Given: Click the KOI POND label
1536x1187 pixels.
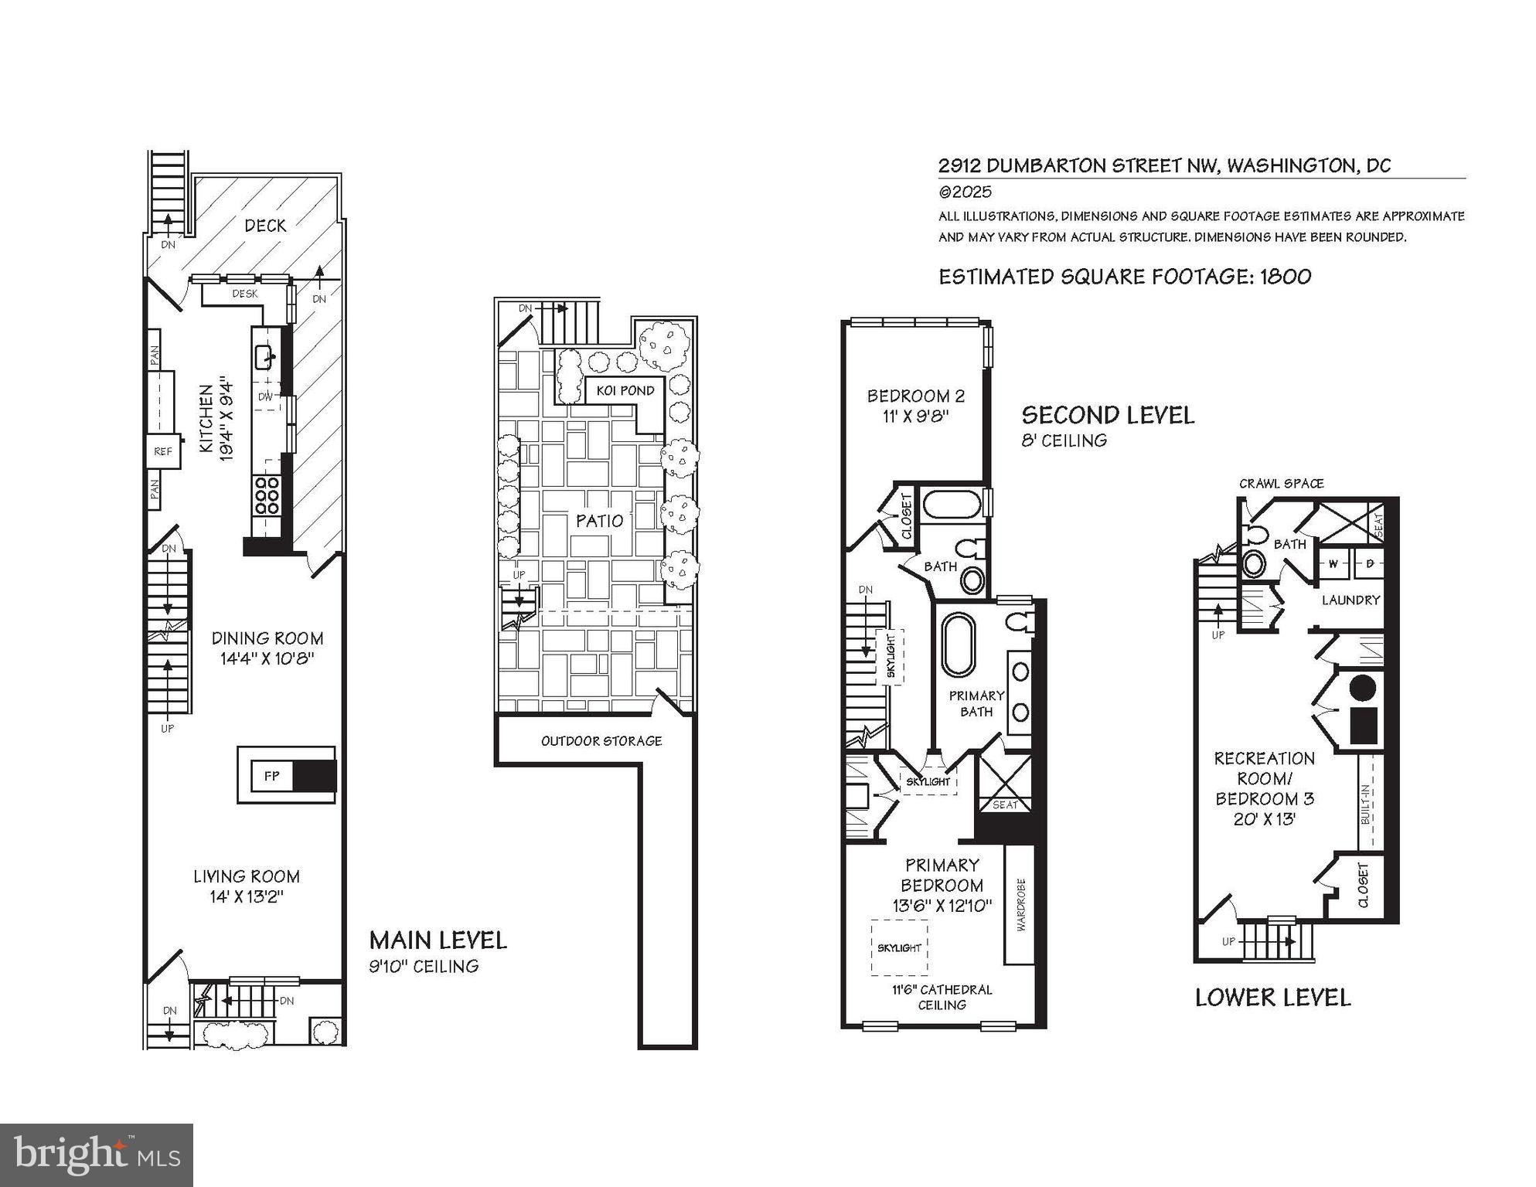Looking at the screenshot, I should pos(625,390).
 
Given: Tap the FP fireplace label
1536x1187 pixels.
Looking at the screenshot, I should pos(271,776).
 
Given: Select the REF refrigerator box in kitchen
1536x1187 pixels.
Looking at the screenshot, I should pos(163,451).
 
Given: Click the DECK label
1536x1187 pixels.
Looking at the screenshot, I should pos(265,226).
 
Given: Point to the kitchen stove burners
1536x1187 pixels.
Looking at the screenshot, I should pos(267,495).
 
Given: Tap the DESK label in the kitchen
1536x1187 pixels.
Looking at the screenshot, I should pos(244,294).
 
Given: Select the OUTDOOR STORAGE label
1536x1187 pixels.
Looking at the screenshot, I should pos(601,741).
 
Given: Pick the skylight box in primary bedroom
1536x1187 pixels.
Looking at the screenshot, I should pos(899,947).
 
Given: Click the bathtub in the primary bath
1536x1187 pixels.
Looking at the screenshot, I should pos(959,646).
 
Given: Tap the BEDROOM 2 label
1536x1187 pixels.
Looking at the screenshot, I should pos(915,396).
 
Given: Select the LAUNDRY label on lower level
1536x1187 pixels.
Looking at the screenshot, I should pos(1350,600).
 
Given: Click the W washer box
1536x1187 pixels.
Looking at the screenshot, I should pos(1333,563).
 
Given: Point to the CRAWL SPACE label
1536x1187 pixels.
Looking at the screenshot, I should pos(1281,484).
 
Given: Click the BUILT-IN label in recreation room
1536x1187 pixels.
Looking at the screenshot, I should pos(1365,804).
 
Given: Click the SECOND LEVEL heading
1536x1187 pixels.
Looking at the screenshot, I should pos(1107,416).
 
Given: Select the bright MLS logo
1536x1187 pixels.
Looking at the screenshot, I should pos(97,1155).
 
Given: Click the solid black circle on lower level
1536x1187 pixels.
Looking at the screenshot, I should pos(1362,687).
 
